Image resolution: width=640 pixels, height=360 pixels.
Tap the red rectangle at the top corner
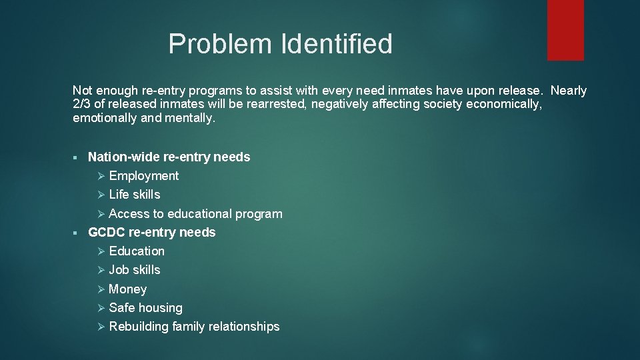point(565,29)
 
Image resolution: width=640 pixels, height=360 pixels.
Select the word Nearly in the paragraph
point(569,91)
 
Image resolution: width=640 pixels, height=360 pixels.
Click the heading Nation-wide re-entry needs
point(169,157)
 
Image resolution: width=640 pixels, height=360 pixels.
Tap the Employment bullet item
point(144,176)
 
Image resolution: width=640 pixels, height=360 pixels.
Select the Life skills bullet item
point(135,195)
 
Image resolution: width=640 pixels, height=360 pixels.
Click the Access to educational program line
point(195,214)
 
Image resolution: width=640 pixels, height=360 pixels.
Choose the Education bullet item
point(137,251)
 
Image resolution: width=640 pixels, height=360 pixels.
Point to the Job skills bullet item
point(135,270)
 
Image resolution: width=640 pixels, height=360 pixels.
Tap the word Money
point(128,289)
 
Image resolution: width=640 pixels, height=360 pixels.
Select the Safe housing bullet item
point(145,308)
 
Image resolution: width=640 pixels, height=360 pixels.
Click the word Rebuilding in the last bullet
point(138,327)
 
